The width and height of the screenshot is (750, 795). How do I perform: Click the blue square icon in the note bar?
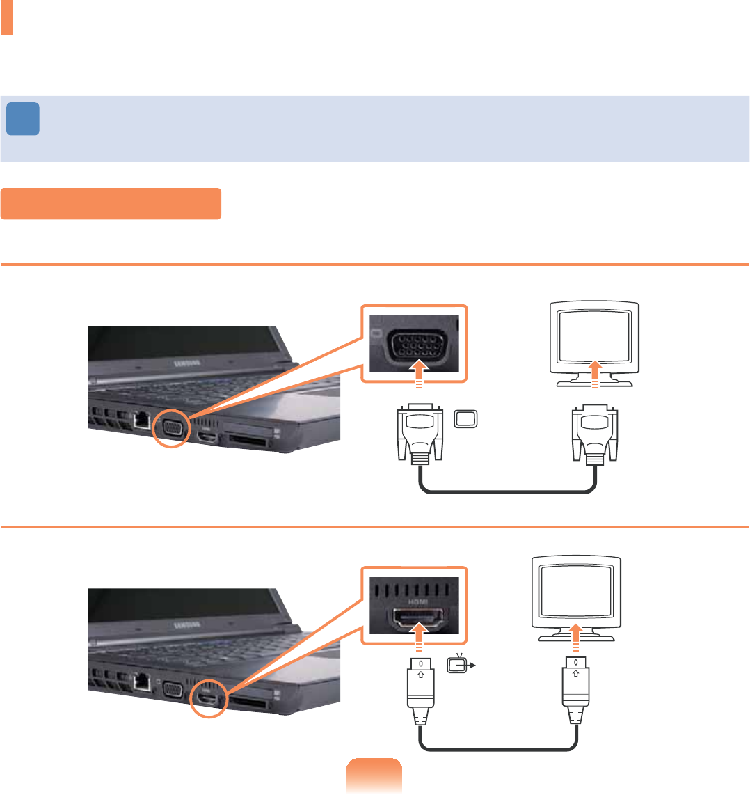[x=23, y=119]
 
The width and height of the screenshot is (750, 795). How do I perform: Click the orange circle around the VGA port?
[x=170, y=427]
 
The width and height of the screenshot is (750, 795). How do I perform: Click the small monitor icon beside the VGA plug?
[x=465, y=419]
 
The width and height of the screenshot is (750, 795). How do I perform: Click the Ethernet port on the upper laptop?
[x=141, y=418]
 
